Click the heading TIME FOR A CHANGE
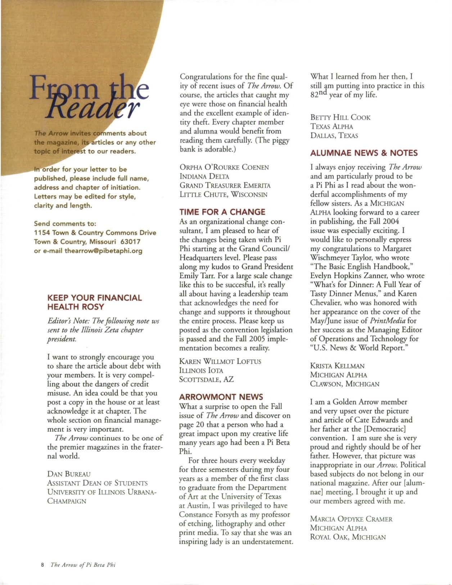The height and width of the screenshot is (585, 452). tap(222, 212)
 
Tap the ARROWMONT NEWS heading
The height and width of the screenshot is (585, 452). tap(221, 397)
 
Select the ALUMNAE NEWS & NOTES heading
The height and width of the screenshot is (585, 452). tap(364, 153)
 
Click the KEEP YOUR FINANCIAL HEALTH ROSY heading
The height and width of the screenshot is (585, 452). tap(95, 302)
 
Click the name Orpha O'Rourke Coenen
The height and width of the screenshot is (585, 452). tap(224, 167)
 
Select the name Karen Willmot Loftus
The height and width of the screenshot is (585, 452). tap(220, 361)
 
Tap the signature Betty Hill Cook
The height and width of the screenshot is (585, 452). tap(340, 117)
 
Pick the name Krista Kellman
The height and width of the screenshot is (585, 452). tap(337, 366)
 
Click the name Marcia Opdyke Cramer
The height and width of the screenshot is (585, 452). tap(351, 519)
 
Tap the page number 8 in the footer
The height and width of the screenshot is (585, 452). tap(42, 564)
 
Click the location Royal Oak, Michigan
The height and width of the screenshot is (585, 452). tap(348, 537)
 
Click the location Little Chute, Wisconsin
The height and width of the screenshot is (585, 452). tap(223, 195)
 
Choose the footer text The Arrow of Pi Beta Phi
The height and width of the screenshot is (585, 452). tap(83, 564)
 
